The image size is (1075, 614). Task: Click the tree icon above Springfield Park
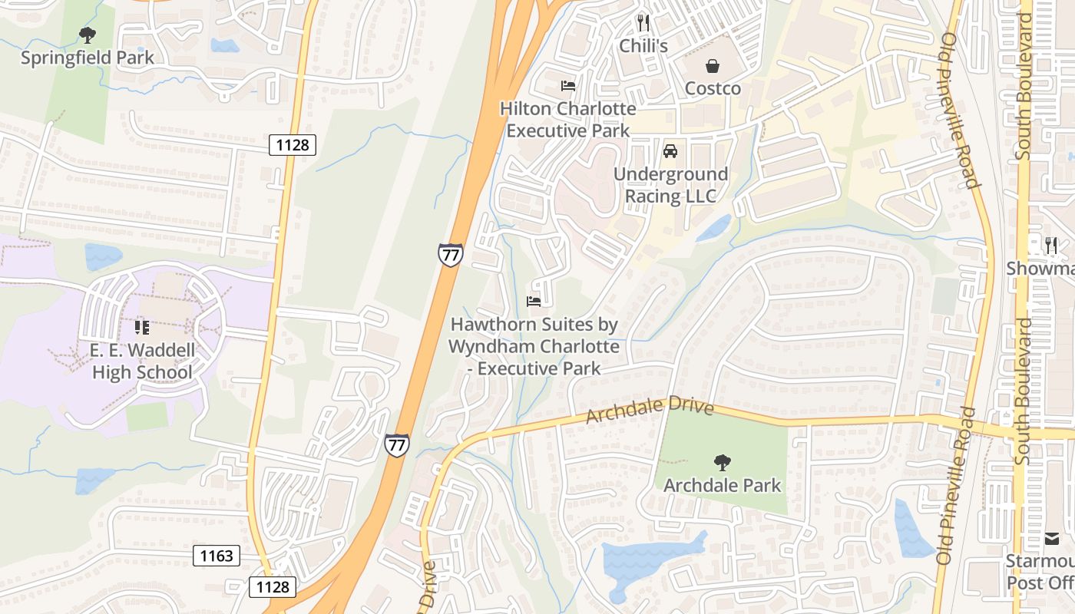[x=88, y=35]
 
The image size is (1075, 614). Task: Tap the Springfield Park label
[x=87, y=58]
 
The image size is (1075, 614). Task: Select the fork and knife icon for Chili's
[x=643, y=23]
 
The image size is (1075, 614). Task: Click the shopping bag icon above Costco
[x=713, y=66]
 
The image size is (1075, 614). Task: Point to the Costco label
[x=713, y=88]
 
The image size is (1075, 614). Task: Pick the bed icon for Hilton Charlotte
[x=568, y=85]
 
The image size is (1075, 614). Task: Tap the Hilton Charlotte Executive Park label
[x=568, y=120]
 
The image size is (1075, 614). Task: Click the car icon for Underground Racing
[x=670, y=151]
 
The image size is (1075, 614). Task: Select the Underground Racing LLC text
[x=670, y=186]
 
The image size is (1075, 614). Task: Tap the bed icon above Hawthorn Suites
[x=534, y=302]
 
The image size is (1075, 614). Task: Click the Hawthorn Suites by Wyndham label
[x=534, y=346]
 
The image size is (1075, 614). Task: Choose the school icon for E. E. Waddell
[x=142, y=328]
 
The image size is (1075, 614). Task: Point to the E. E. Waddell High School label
[x=142, y=361]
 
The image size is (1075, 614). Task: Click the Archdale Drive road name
[x=650, y=411]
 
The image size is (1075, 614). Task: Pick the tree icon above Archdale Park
[x=722, y=462]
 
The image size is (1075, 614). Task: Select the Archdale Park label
[x=722, y=485]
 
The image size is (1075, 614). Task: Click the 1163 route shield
[x=216, y=556]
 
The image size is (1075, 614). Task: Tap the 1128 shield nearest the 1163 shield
[x=273, y=587]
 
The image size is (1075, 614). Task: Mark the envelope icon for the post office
[x=1052, y=539]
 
